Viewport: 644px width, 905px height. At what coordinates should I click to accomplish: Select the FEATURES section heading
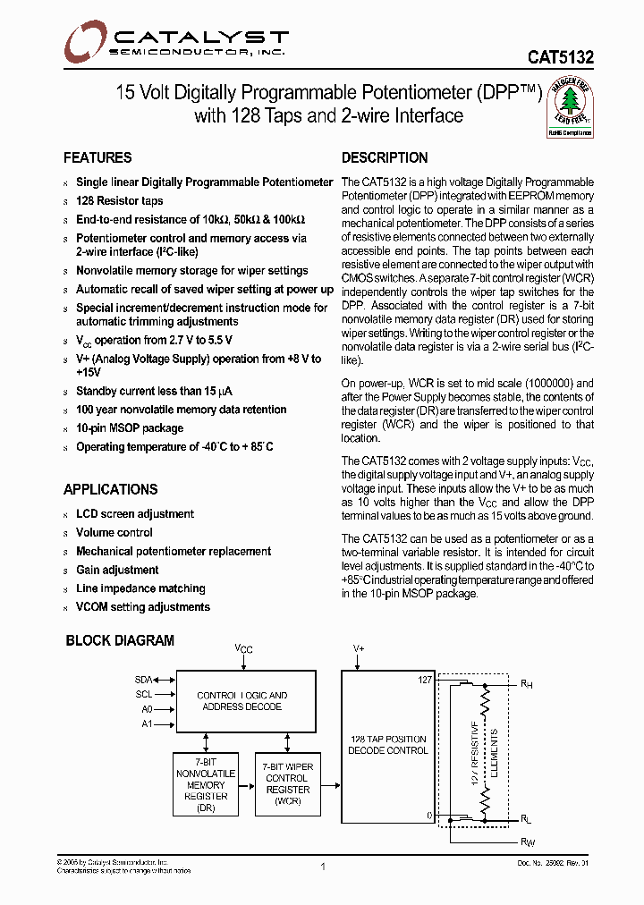97,158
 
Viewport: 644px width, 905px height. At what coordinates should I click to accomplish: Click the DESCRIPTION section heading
385,158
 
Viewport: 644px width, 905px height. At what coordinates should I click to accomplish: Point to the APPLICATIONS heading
110,490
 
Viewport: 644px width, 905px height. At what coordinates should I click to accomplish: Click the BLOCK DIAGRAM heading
120,640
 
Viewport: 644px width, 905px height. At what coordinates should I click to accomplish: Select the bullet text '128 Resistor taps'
119,201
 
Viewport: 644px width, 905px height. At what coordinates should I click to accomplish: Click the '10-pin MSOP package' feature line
129,428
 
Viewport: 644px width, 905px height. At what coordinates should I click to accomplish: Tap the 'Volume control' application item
114,532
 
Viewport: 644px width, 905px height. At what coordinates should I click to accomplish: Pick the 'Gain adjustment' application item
117,570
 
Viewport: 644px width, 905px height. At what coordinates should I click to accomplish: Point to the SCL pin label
144,695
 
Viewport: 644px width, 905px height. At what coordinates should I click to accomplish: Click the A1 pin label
147,723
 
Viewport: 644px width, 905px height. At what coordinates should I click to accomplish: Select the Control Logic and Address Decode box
241,701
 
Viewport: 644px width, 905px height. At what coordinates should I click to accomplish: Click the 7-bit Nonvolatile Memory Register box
206,783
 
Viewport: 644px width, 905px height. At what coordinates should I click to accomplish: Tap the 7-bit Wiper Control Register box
287,783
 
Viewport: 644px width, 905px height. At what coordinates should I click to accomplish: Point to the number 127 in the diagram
425,681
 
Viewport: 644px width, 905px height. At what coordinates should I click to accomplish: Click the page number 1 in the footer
322,867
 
